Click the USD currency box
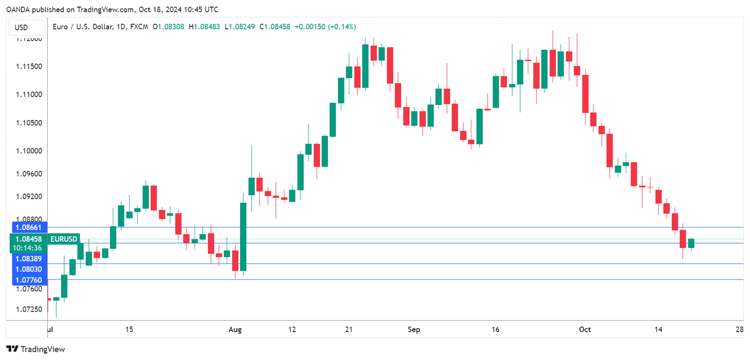click(21, 27)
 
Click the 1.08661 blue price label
click(29, 228)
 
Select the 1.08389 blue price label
click(29, 258)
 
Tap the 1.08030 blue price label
click(29, 269)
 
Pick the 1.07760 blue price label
click(29, 280)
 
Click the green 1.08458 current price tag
click(29, 239)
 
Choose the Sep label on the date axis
click(414, 329)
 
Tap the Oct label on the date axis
click(585, 329)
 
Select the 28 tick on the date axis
click(740, 329)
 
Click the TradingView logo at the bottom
click(36, 349)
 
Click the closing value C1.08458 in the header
click(274, 27)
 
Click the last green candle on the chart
click(691, 244)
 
